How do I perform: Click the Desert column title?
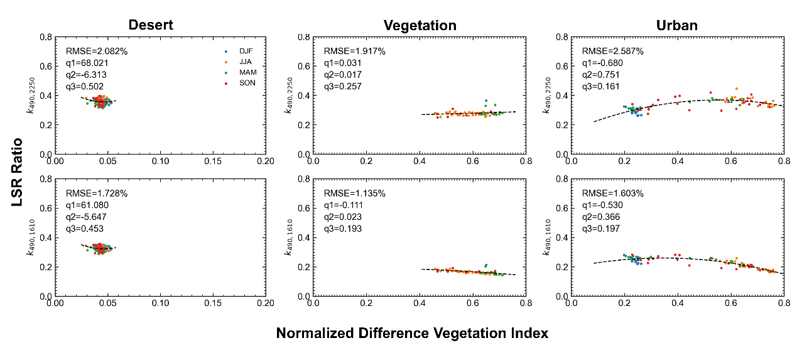151,25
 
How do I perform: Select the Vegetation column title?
420,25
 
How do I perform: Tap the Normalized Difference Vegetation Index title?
412,334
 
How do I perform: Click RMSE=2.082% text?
97,51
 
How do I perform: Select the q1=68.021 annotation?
89,63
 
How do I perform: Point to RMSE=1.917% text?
354,51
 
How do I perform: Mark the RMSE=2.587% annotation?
612,51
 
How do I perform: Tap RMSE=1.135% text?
354,193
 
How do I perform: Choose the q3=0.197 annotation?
601,229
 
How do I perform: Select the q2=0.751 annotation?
601,75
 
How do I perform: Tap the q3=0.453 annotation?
85,229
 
